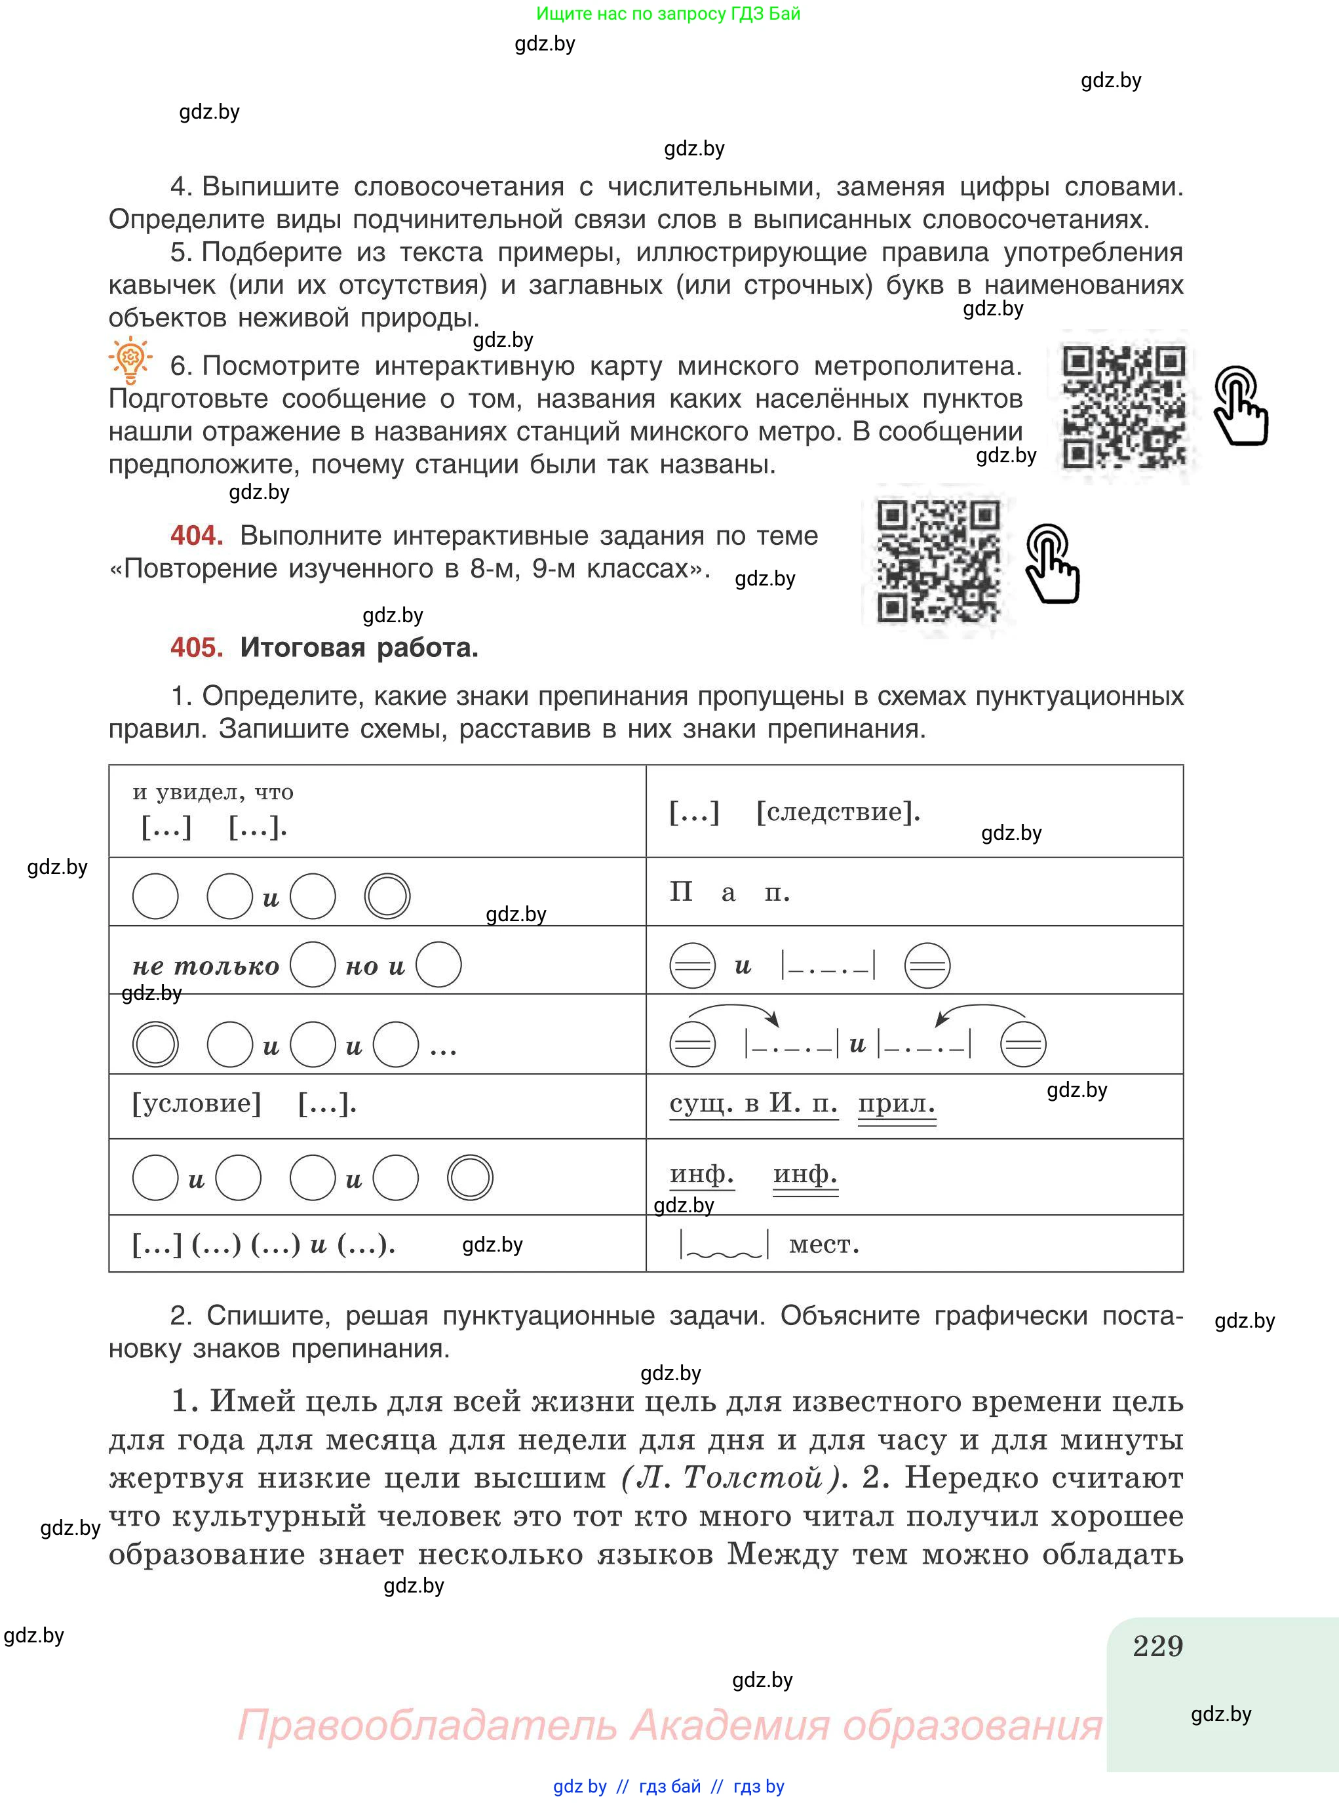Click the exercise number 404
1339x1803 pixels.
(196, 535)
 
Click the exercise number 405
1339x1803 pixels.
(196, 647)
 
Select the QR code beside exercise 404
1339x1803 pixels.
(939, 562)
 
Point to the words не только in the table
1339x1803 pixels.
(206, 966)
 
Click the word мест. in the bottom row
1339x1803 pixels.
(823, 1244)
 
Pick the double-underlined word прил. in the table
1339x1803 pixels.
(897, 1103)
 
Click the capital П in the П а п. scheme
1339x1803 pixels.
(681, 892)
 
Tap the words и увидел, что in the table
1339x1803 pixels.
(213, 792)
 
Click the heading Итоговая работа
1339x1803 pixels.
(359, 647)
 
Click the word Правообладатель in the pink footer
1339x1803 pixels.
(427, 1724)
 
